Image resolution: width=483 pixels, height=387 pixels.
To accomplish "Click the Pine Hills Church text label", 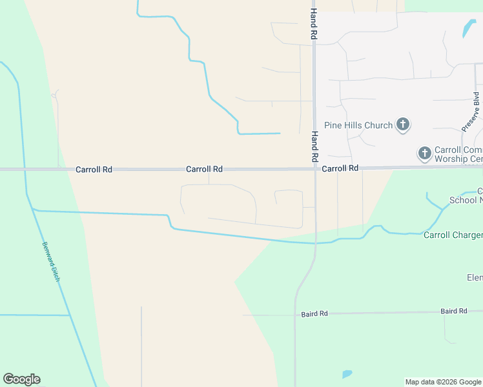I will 358,125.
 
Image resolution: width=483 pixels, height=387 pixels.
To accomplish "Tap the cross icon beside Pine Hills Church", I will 403,124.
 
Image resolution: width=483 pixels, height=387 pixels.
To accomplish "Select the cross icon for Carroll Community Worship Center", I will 425,153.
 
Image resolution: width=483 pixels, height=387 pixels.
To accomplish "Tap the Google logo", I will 21,379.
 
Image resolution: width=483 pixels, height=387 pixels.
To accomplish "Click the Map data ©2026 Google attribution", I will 444,382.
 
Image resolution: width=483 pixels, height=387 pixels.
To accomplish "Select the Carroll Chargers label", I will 453,235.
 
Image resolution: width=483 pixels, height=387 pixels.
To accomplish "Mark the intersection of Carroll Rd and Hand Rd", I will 315,169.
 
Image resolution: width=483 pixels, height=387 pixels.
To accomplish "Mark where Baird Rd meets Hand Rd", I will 295,315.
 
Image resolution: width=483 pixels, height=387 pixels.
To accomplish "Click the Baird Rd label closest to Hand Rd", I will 314,313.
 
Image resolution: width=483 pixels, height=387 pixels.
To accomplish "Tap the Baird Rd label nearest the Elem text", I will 454,311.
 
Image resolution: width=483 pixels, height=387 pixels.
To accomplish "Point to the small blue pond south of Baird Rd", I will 347,374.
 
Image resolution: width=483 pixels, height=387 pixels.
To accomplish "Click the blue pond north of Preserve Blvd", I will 466,28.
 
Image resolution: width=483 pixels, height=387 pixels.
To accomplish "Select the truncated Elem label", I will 475,277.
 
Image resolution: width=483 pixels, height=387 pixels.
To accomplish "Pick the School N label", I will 466,200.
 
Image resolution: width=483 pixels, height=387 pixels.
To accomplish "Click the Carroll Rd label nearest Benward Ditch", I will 94,169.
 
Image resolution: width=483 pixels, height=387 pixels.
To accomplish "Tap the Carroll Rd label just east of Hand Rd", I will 340,168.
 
